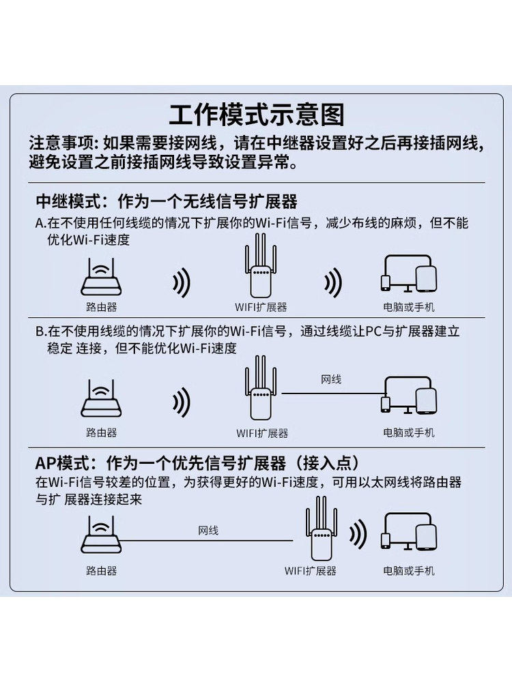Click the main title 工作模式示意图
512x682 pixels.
click(256, 115)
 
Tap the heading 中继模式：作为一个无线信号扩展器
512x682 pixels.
click(167, 201)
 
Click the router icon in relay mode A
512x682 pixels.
click(101, 276)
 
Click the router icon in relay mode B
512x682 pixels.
click(101, 401)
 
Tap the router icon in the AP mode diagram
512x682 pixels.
click(101, 536)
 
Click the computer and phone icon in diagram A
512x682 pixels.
click(408, 275)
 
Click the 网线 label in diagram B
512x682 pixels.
click(331, 379)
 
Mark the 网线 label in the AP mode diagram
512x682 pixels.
click(208, 530)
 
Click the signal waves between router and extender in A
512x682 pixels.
click(181, 282)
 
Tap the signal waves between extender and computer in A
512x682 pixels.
click(332, 282)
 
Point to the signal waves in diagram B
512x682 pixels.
click(181, 403)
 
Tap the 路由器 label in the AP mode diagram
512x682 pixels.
click(101, 571)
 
